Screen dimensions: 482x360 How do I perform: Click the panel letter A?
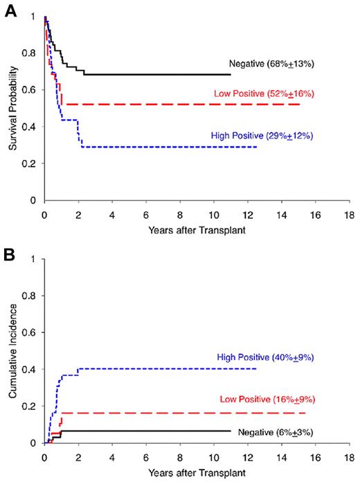(10, 11)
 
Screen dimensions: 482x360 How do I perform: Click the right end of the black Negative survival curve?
(230, 75)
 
